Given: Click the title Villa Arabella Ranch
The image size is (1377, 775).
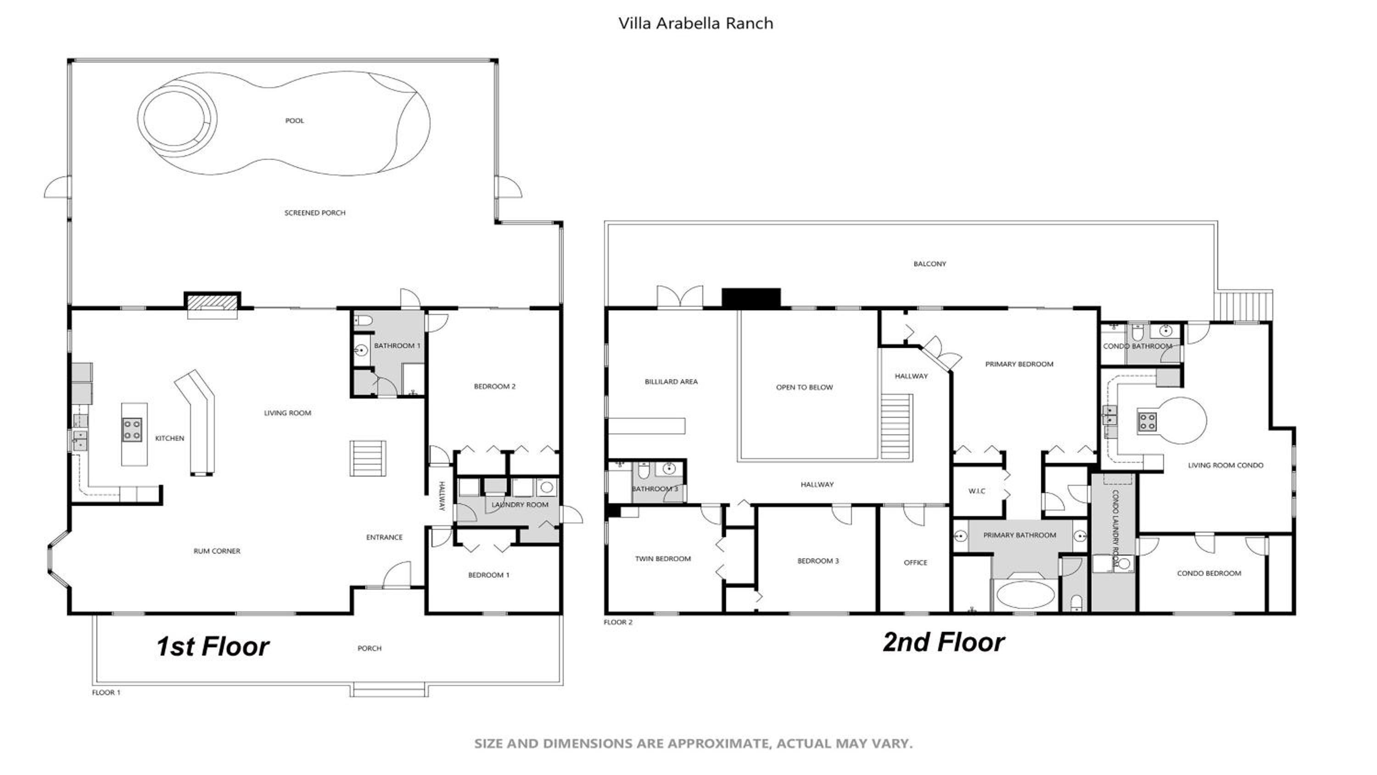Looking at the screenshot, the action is point(695,23).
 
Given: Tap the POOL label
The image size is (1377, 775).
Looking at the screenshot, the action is point(295,121).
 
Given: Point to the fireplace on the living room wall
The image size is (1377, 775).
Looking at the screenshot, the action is point(212,304).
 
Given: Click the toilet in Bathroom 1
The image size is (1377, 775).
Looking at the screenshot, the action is point(364,321).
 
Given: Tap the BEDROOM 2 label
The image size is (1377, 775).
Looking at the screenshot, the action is point(494,386).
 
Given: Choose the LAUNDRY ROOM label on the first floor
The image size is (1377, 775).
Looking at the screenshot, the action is point(520,505).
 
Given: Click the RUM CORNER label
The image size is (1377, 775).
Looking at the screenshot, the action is point(217,551).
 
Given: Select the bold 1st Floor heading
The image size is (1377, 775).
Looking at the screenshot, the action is point(213,646).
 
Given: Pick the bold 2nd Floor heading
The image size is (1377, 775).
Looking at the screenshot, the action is point(944,642).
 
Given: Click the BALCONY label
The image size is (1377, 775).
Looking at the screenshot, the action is point(929,264).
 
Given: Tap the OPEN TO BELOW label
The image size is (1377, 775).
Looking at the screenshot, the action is point(804,387).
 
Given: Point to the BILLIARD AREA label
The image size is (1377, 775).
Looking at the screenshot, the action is point(671,382).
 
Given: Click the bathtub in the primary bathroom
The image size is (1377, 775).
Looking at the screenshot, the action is point(1025,595).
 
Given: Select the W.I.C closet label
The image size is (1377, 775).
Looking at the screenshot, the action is point(977,491).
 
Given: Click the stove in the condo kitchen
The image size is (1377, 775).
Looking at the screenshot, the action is point(1147,422).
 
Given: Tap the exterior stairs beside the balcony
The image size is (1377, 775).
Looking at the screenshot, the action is point(1243,305).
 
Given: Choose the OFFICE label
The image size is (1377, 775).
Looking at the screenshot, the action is point(915,563).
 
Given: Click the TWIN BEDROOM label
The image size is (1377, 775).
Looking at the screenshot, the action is point(663,559).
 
